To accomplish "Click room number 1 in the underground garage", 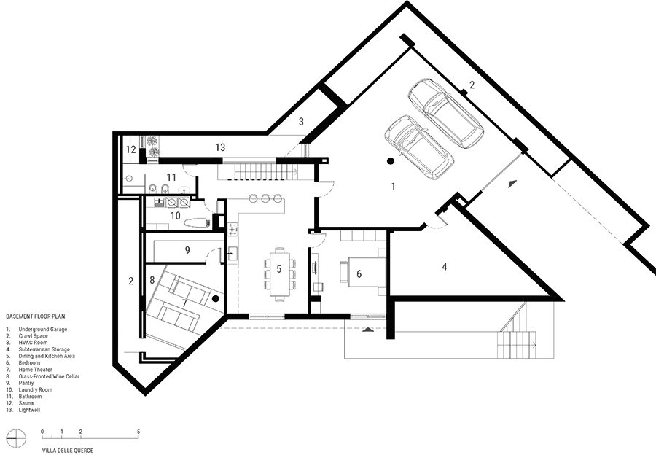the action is click(x=393, y=186).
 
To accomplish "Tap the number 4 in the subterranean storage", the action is click(x=445, y=266).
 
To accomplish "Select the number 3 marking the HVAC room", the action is click(x=301, y=122).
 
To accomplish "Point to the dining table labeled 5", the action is click(x=279, y=274).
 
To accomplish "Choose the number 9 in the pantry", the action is click(x=187, y=250).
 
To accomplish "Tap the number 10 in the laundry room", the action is click(x=175, y=216).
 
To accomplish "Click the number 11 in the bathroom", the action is click(x=171, y=177).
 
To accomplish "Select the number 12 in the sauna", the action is click(x=131, y=149).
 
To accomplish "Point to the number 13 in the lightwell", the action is click(x=220, y=147).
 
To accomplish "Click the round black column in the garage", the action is click(x=391, y=160).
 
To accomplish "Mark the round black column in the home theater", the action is click(x=216, y=298).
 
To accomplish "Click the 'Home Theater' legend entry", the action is click(x=35, y=370).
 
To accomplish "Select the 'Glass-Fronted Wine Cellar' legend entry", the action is click(x=49, y=376).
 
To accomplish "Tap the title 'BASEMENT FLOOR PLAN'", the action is click(x=36, y=316).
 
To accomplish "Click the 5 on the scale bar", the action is click(x=138, y=432).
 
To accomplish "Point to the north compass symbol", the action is click(x=16, y=439).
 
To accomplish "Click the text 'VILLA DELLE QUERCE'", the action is click(x=67, y=451).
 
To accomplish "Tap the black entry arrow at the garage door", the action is click(x=512, y=184).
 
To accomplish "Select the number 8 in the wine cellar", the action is click(x=152, y=279).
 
